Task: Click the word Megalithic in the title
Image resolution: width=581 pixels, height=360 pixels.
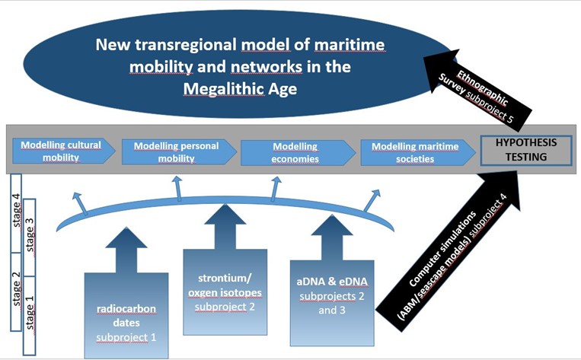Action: pyautogui.click(x=224, y=89)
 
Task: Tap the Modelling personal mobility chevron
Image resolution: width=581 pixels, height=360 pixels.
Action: pyautogui.click(x=179, y=152)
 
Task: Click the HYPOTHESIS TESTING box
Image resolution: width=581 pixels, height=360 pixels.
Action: pyautogui.click(x=526, y=150)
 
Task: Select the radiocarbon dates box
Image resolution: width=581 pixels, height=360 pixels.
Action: pyautogui.click(x=126, y=315)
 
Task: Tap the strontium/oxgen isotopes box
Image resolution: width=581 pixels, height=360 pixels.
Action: pyautogui.click(x=225, y=292)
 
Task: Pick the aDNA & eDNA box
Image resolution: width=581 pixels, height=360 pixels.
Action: pyautogui.click(x=332, y=303)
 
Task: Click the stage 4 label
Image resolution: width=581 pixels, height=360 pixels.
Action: pyautogui.click(x=16, y=210)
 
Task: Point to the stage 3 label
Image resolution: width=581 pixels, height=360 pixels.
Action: pyautogui.click(x=29, y=234)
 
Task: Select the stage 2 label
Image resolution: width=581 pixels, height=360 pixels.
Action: pyautogui.click(x=16, y=288)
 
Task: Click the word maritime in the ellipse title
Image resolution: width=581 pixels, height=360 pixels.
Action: pyautogui.click(x=350, y=45)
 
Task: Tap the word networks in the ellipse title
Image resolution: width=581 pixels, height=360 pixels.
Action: pyautogui.click(x=267, y=67)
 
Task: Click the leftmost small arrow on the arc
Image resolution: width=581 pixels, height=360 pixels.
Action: pyautogui.click(x=80, y=204)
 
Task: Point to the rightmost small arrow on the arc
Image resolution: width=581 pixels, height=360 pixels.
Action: pyautogui.click(x=372, y=200)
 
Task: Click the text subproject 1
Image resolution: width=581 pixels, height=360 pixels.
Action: pyautogui.click(x=126, y=337)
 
